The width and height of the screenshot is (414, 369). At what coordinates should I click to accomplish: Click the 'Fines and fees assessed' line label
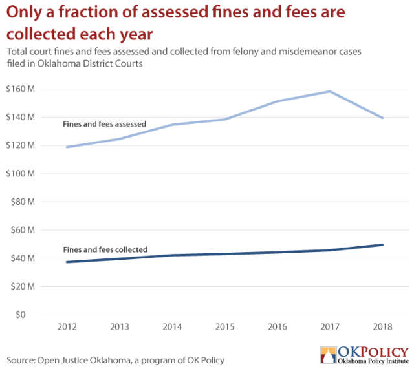coord(104,124)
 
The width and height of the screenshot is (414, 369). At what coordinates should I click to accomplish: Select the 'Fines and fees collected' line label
coord(105,249)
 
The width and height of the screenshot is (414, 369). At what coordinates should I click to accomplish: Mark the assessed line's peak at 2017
coord(330,91)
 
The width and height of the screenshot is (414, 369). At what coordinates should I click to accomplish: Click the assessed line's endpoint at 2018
coord(383,118)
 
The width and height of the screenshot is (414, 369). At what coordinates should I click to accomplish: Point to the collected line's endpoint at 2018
coord(383,245)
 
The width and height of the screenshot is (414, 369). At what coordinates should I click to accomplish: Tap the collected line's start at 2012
coord(67,262)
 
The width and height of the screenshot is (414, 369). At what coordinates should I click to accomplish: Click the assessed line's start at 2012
coord(67,147)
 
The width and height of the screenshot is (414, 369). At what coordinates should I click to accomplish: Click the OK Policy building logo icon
coord(328,354)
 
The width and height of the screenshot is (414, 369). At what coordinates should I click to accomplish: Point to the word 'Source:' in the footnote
coord(21,360)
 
